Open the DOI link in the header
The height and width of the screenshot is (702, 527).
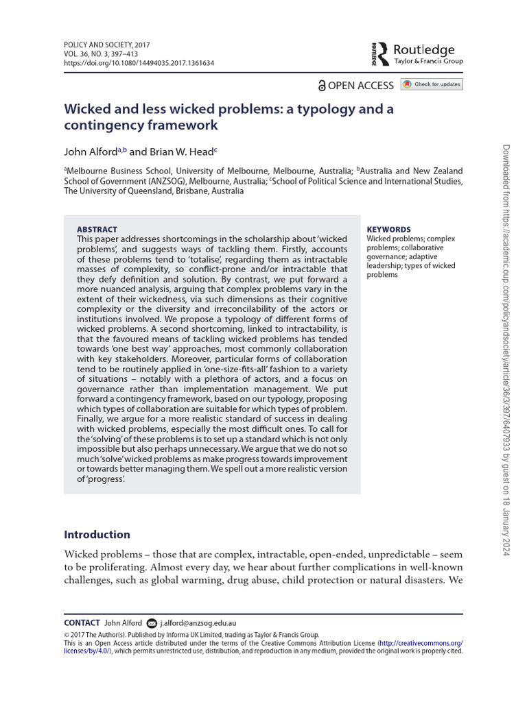(x=139, y=62)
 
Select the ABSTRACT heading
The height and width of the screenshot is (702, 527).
(x=97, y=230)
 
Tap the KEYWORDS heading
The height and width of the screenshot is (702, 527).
(x=388, y=230)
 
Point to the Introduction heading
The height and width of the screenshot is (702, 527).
(x=97, y=535)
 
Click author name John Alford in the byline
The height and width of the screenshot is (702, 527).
(x=90, y=152)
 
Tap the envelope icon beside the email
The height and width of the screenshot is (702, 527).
(x=152, y=623)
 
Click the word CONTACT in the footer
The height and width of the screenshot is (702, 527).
(x=82, y=623)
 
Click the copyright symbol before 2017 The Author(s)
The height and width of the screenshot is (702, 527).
(x=67, y=635)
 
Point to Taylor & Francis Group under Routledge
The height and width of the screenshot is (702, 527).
(x=428, y=62)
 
